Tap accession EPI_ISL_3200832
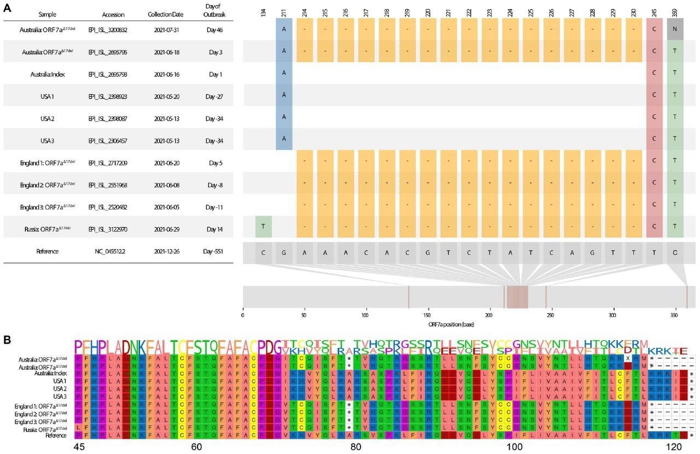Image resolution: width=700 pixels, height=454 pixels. coord(108,30)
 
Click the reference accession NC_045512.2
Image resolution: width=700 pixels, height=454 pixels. coord(108,252)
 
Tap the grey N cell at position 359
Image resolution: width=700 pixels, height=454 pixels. coord(675,30)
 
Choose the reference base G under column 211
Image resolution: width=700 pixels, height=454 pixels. coord(284,253)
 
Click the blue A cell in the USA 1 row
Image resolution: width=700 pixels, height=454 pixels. coord(284,96)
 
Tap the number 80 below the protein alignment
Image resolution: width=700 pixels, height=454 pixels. coord(356,447)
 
